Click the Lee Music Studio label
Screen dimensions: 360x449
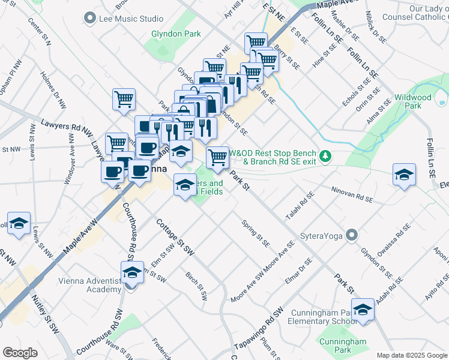click(x=131, y=19)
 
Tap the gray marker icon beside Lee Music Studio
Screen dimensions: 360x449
click(x=91, y=18)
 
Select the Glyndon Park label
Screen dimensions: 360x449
click(x=176, y=34)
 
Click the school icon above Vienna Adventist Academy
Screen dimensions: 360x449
click(x=132, y=272)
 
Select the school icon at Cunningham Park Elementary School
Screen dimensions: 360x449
click(x=363, y=310)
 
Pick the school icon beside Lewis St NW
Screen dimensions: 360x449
click(x=19, y=224)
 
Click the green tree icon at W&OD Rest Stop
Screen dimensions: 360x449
click(x=325, y=156)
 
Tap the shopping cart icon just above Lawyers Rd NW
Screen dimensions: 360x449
click(x=124, y=99)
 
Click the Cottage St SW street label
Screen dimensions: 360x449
click(x=176, y=236)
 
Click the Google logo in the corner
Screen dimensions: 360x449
click(x=20, y=352)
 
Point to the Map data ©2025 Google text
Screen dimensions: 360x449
click(x=412, y=355)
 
